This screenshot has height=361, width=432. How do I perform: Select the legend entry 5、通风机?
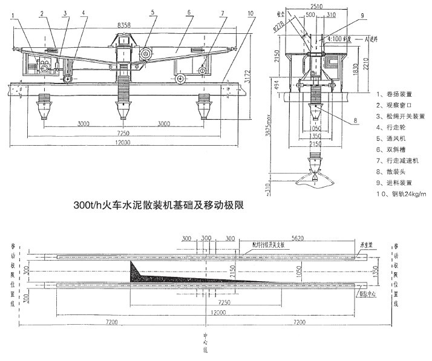click(393, 138)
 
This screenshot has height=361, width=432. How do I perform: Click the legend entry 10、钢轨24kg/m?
click(401, 194)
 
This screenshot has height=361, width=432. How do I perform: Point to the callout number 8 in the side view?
click(356, 120)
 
